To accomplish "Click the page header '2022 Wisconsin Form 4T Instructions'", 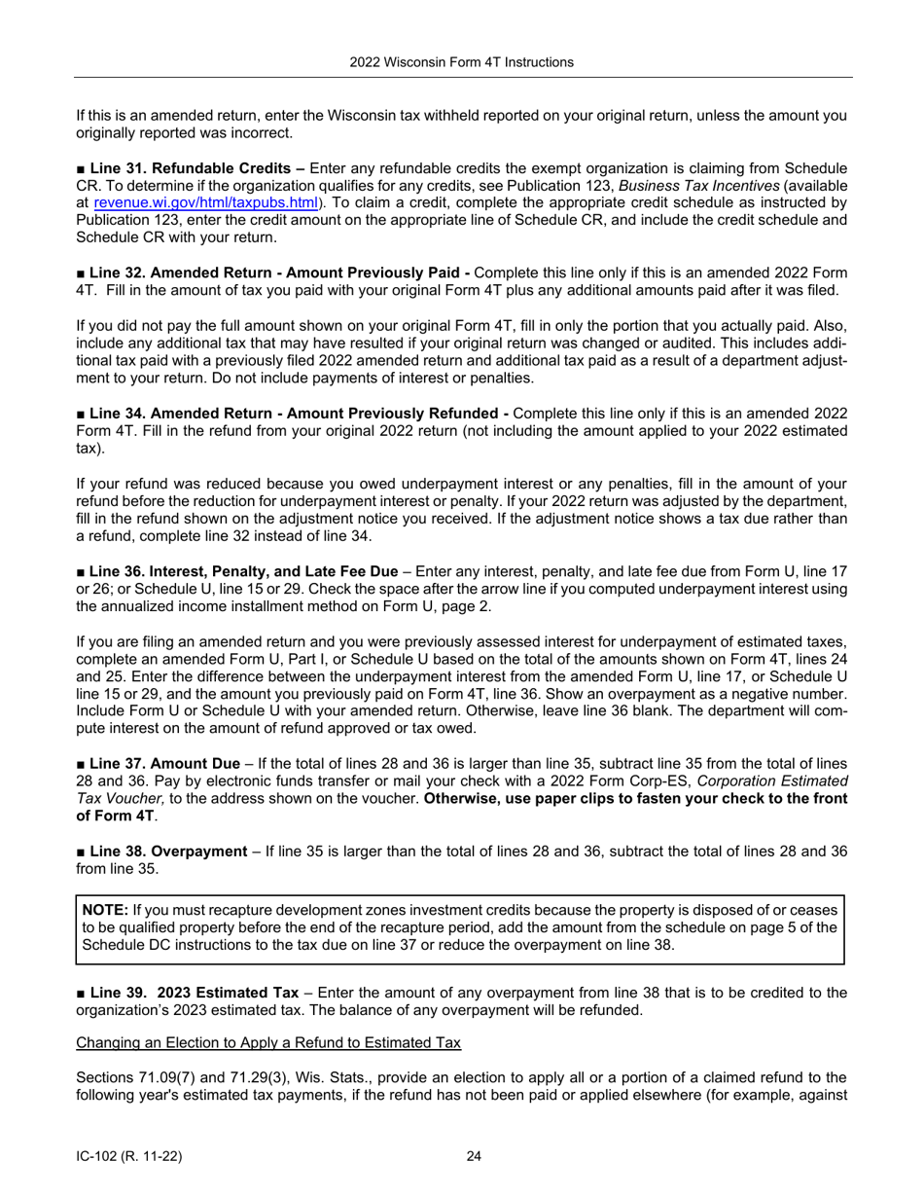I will [x=461, y=62].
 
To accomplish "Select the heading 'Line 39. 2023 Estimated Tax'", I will [x=194, y=993].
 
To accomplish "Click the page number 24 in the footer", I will [x=474, y=1157].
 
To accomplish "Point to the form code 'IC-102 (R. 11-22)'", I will [x=130, y=1157].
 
